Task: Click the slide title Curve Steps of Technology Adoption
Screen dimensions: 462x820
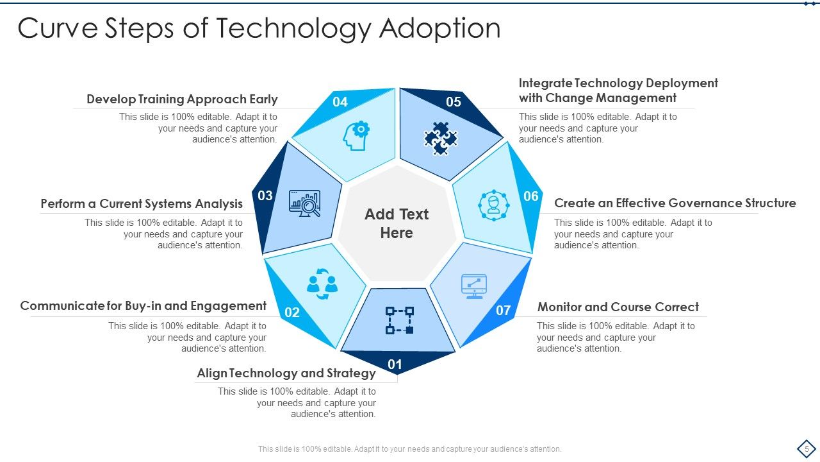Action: [259, 29]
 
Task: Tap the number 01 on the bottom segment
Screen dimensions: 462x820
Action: [395, 365]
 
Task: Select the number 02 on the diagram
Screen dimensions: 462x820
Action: [292, 312]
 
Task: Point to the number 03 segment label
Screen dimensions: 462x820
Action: [265, 196]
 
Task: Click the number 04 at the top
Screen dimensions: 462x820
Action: [340, 102]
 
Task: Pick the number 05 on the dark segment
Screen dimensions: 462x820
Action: [454, 102]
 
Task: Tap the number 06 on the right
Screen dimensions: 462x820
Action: [531, 196]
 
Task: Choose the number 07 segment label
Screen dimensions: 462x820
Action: [504, 311]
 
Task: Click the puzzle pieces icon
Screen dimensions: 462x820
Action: [441, 138]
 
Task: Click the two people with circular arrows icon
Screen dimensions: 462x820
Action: [322, 284]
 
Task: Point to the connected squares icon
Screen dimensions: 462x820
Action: [399, 320]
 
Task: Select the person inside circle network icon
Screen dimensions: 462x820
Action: [493, 205]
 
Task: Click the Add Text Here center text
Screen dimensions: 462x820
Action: [397, 223]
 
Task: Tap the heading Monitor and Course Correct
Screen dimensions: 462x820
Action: [618, 307]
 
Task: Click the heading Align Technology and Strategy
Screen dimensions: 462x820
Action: [286, 373]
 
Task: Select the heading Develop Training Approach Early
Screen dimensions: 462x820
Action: [182, 99]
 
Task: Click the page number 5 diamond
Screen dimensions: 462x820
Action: [807, 449]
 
